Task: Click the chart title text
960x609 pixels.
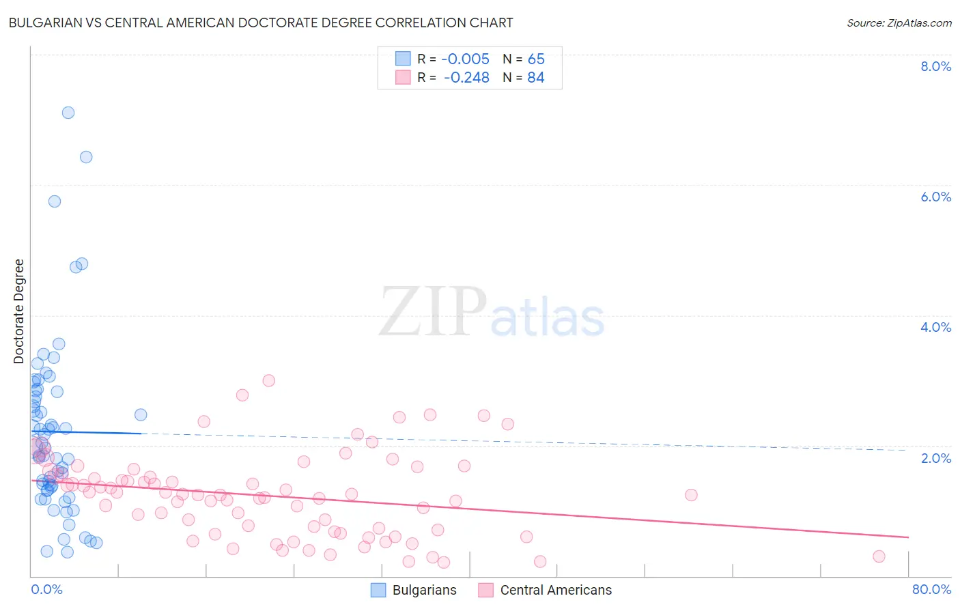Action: pos(260,23)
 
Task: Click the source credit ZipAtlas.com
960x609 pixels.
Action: pos(899,23)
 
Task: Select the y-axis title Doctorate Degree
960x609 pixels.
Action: pos(18,311)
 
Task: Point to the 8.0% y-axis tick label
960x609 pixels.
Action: pos(935,66)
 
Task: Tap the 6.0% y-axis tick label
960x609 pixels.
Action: pos(935,197)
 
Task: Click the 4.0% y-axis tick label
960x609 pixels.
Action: pos(935,327)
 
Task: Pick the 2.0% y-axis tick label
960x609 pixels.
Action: pos(935,458)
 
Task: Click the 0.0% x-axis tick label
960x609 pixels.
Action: pos(46,589)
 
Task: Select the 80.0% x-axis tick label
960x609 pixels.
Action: pos(931,589)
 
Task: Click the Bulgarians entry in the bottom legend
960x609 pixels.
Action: pos(424,590)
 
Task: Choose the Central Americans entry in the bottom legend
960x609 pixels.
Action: pos(556,590)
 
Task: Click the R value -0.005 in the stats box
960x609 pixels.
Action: pos(465,59)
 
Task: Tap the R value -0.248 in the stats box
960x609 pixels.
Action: pos(466,77)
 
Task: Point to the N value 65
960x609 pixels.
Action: pos(536,59)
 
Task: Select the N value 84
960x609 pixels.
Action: pos(536,77)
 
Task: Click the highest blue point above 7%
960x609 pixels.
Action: pos(68,113)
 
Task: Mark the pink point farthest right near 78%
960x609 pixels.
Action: pos(879,556)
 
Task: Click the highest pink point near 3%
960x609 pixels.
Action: pos(269,380)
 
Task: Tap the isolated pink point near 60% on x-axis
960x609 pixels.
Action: pos(691,495)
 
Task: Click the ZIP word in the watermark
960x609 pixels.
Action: pos(433,312)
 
